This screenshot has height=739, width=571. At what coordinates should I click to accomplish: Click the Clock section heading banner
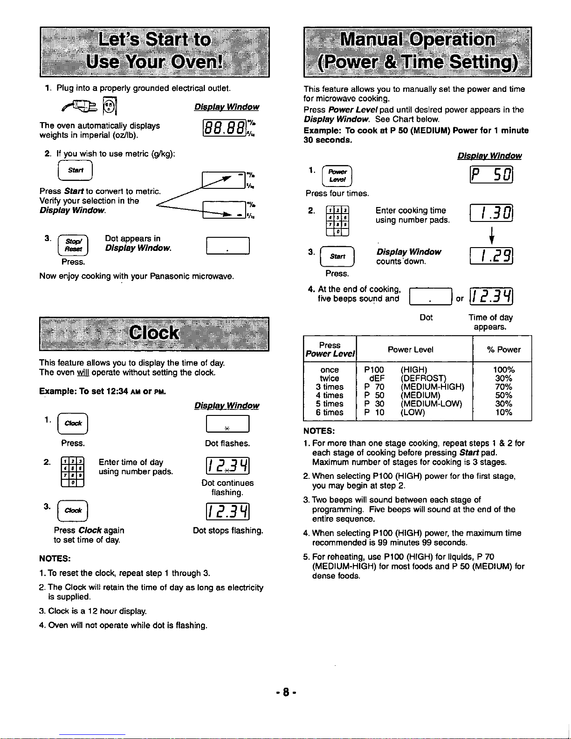(154, 333)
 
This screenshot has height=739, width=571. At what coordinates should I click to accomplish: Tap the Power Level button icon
(337, 176)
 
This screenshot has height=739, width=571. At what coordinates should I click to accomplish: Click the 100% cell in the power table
(503, 370)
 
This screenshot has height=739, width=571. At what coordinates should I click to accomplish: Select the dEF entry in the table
(377, 378)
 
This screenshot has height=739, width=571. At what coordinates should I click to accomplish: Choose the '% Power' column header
(503, 350)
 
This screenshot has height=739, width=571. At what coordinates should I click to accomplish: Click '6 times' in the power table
(330, 412)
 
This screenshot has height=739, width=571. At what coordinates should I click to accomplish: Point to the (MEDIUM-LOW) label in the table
(431, 404)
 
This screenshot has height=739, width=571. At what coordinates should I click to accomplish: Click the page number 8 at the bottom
(286, 691)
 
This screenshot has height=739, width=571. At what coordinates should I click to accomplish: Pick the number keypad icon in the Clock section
(73, 472)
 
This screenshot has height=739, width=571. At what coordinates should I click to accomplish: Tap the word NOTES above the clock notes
(55, 559)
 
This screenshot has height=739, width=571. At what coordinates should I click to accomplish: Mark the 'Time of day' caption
(490, 318)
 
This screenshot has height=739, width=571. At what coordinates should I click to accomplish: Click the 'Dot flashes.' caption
(227, 443)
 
